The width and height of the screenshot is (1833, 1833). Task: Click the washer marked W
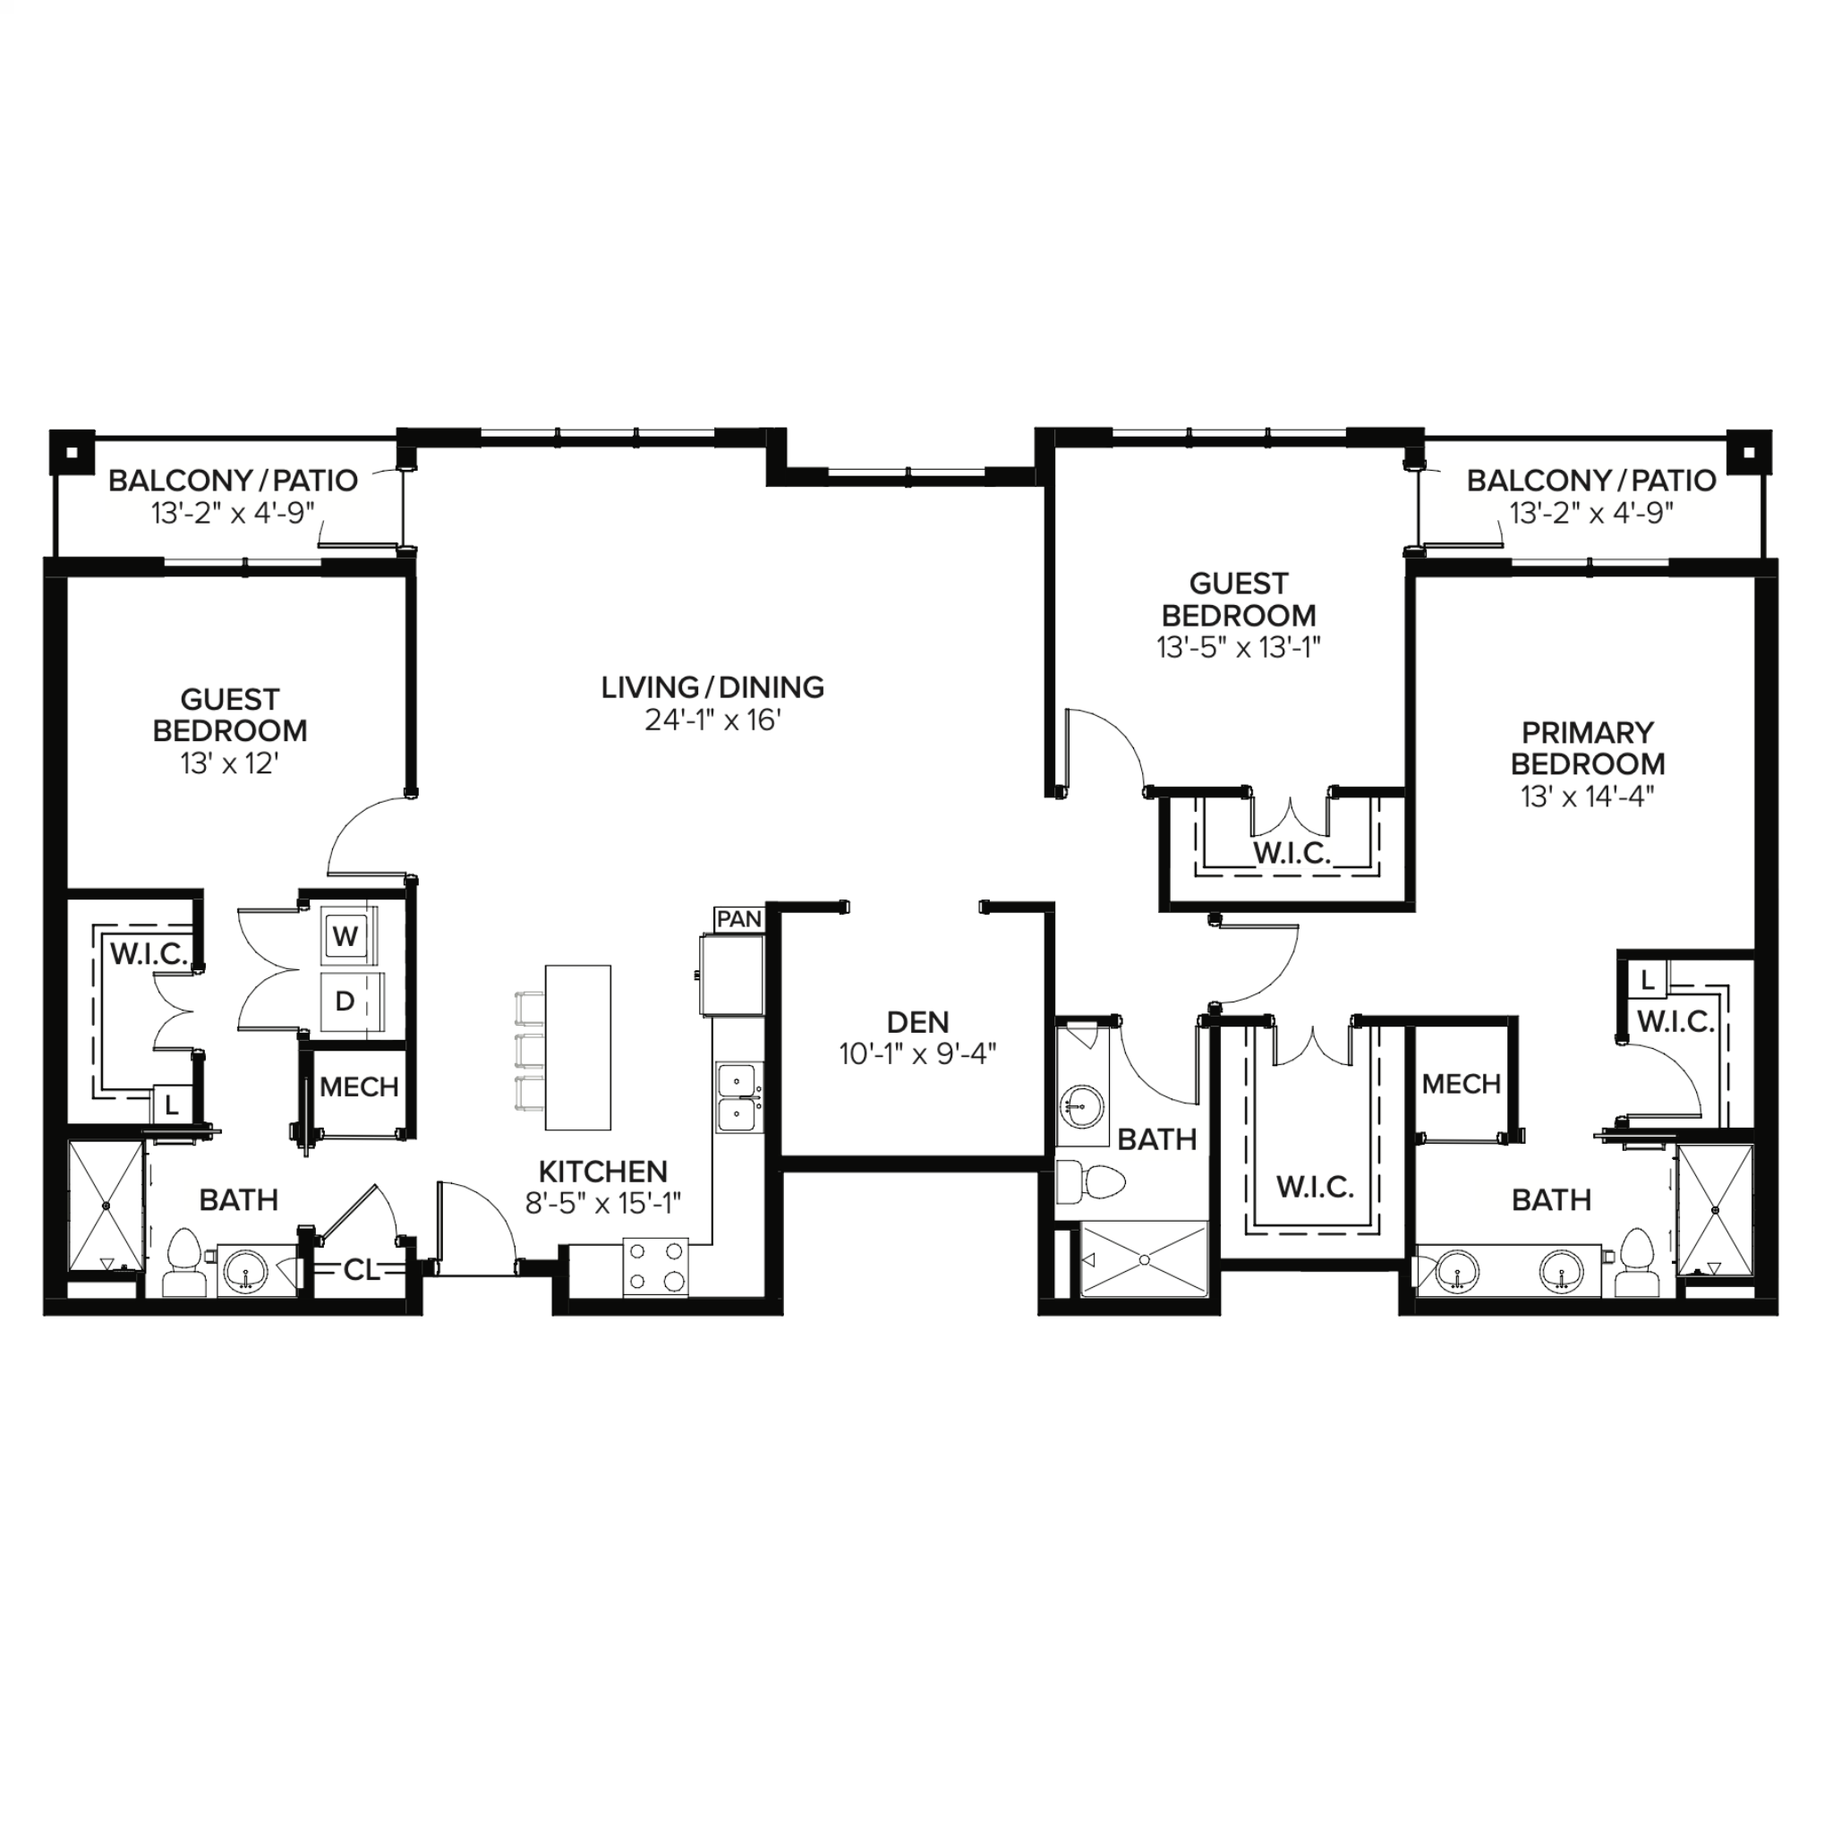[348, 937]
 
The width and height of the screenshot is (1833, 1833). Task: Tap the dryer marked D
[348, 1001]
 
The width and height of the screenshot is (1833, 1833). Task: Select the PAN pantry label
[739, 919]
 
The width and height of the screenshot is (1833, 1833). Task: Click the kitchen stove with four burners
[655, 1267]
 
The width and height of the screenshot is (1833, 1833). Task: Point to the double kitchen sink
[739, 1096]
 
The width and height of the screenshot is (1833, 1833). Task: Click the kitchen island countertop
[578, 1047]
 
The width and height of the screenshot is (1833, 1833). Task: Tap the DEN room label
[917, 1022]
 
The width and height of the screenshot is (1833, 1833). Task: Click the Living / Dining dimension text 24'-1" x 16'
[712, 720]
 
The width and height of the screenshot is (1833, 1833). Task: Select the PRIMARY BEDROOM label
[1587, 747]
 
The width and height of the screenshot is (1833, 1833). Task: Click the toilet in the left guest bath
[184, 1264]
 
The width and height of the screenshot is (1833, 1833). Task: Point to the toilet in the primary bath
[1636, 1264]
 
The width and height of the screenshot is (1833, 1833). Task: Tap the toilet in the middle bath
[1091, 1183]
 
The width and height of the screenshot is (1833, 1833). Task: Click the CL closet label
[361, 1269]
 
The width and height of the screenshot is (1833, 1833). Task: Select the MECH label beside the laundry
[359, 1087]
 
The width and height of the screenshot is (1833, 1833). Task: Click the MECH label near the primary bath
[1461, 1084]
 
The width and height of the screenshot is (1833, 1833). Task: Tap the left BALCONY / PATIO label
[234, 480]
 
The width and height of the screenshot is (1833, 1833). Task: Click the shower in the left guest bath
[107, 1206]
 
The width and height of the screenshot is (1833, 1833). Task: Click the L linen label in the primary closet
[1647, 980]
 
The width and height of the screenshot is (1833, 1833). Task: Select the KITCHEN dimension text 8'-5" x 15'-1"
[603, 1203]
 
